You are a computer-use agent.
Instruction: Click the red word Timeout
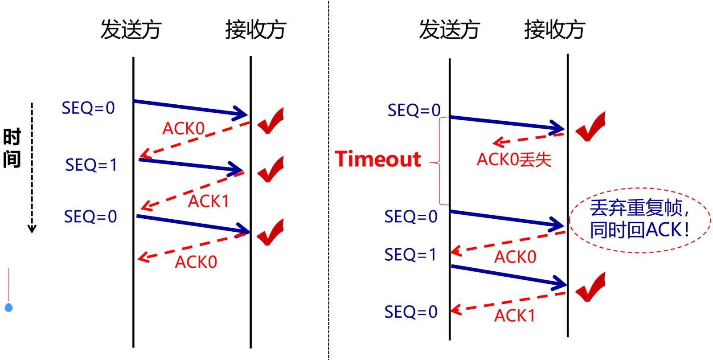pos(377,159)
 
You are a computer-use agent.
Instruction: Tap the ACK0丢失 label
pos(514,160)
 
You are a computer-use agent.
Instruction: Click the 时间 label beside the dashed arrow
pos(12,148)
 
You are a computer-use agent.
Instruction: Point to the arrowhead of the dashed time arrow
pos(32,229)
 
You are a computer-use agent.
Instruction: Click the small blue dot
pos(8,307)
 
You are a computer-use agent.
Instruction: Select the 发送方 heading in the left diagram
pos(131,30)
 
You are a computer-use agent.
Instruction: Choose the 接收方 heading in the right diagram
pos(554,30)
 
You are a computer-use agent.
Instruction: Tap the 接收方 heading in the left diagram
pos(255,30)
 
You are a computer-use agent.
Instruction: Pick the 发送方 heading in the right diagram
pos(449,30)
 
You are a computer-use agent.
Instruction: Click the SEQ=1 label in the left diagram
pos(91,165)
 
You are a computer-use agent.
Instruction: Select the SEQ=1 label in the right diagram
pos(410,254)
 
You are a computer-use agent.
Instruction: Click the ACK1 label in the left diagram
pos(208,201)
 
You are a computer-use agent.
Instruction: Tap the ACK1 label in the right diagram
pos(514,315)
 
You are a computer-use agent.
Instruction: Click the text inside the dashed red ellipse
pos(639,219)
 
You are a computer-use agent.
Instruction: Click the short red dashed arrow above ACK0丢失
pos(528,138)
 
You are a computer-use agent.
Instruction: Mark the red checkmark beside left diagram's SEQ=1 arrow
pos(271,169)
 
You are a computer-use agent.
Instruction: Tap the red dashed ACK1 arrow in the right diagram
pos(508,302)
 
